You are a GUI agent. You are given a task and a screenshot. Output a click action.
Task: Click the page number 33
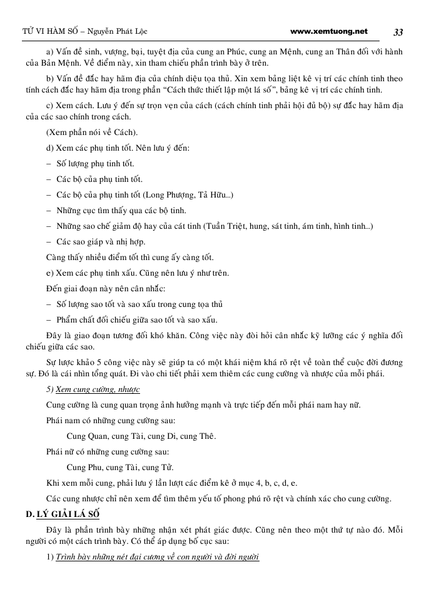coord(398,32)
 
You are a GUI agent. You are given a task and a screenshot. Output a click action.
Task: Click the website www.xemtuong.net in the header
coord(329,31)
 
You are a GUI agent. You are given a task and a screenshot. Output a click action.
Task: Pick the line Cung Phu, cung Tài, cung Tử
coord(120,467)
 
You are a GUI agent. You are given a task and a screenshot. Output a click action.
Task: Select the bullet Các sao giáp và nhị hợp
coord(101,241)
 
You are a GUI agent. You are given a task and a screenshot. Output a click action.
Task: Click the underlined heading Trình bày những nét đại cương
coord(157,556)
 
